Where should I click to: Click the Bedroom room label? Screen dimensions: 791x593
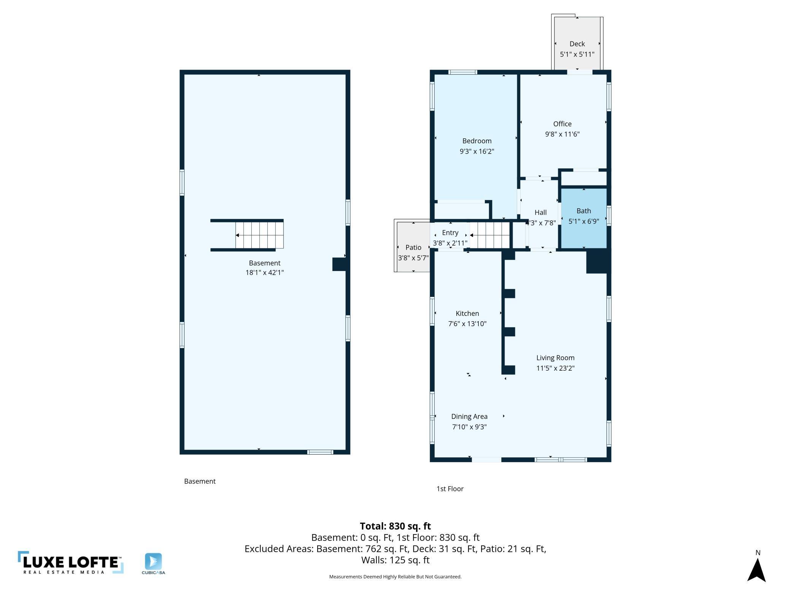477,141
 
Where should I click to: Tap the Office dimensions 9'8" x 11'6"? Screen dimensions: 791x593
562,134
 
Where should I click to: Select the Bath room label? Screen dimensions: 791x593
583,211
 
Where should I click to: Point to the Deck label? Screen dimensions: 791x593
577,44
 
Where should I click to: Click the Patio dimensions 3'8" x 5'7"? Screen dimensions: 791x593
413,258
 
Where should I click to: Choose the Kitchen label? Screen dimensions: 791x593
467,313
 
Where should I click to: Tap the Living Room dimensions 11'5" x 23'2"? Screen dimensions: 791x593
555,368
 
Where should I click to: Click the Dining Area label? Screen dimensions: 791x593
469,416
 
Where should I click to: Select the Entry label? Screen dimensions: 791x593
450,233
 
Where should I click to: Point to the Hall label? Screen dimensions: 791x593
540,212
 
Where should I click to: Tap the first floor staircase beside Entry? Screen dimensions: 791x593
489,235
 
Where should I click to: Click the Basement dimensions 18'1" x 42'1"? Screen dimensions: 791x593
264,272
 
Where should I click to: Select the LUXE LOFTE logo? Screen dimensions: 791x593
71,562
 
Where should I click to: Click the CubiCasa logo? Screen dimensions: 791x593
153,564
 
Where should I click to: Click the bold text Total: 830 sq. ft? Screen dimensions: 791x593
395,526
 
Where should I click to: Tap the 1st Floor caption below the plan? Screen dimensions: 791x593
450,489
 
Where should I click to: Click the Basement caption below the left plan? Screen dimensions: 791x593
200,481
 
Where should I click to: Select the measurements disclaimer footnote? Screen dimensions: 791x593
395,577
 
